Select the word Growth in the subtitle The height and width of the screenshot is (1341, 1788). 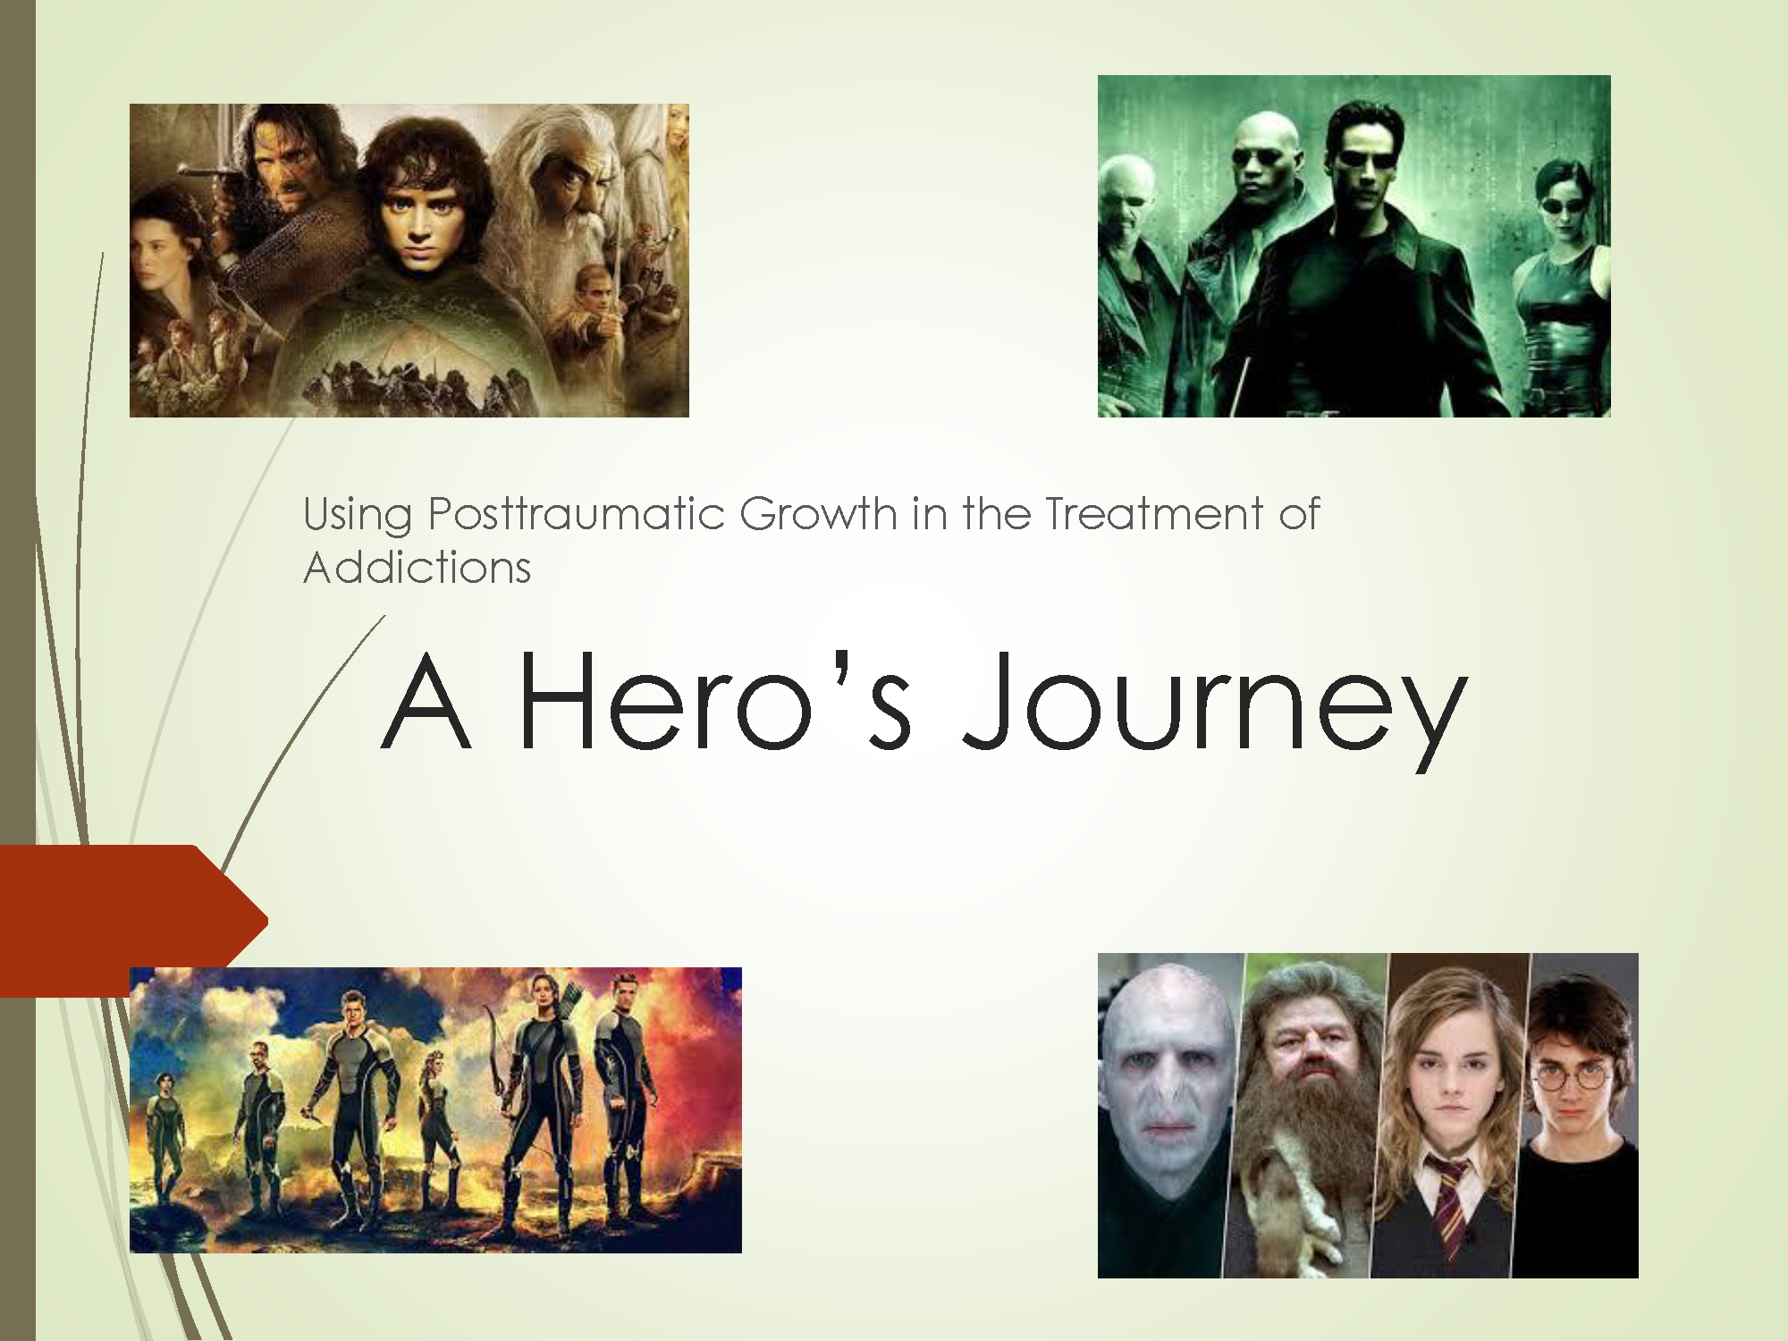[818, 514]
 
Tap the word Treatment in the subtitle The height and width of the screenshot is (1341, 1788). [1153, 514]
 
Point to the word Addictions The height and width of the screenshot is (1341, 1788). [417, 568]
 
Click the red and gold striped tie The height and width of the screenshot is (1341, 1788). [1449, 1202]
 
